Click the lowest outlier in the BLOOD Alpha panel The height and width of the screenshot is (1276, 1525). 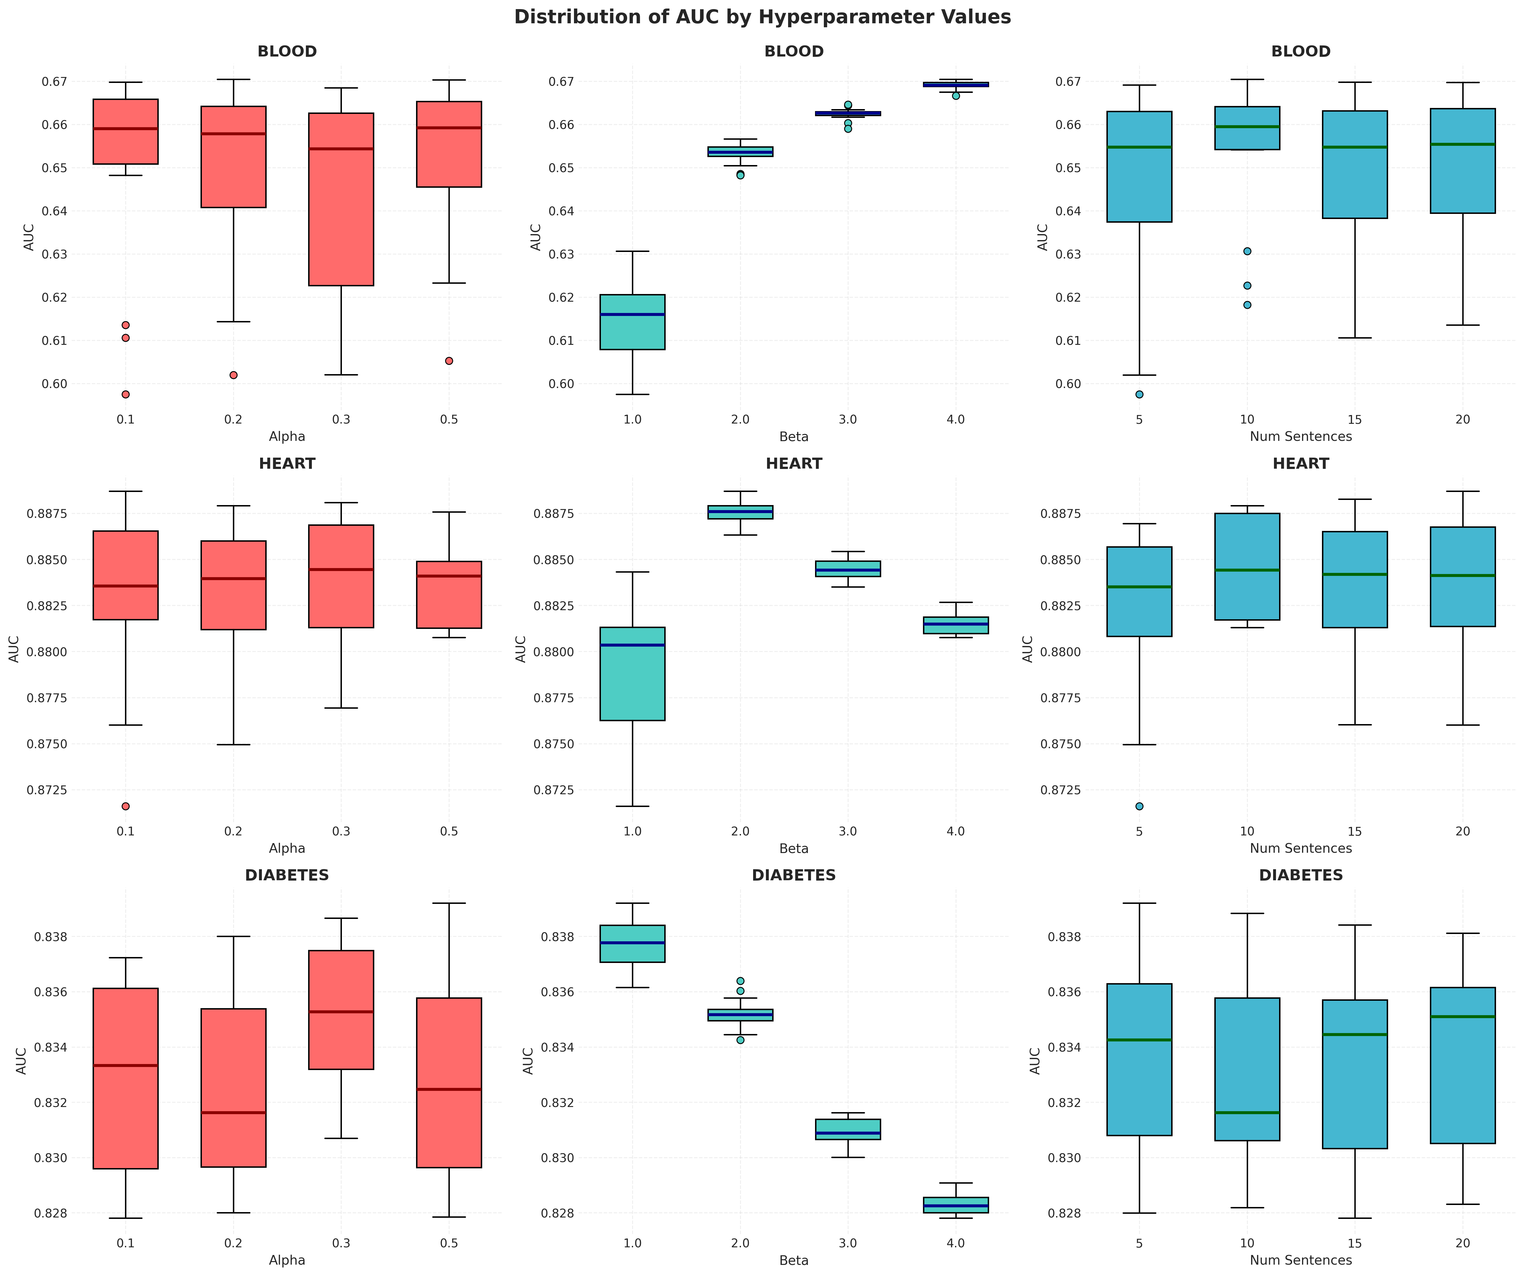click(x=126, y=394)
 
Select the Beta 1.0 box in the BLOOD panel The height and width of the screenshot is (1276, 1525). click(x=632, y=322)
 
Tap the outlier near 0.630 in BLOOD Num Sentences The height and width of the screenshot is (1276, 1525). click(x=1247, y=251)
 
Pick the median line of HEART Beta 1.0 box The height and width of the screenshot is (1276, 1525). click(x=632, y=645)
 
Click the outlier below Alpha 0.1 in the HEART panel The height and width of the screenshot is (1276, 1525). click(x=126, y=806)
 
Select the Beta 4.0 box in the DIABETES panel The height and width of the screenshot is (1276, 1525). click(x=956, y=1205)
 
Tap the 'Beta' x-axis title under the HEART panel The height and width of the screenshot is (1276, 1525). click(x=794, y=848)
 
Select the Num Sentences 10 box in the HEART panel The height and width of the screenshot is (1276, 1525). click(x=1247, y=566)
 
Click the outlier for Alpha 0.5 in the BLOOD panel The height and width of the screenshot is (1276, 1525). click(x=449, y=361)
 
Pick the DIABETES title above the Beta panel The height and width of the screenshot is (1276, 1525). click(x=794, y=875)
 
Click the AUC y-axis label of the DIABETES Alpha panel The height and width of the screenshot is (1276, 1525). click(x=22, y=1060)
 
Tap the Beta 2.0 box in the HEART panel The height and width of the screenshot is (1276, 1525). click(x=740, y=512)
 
